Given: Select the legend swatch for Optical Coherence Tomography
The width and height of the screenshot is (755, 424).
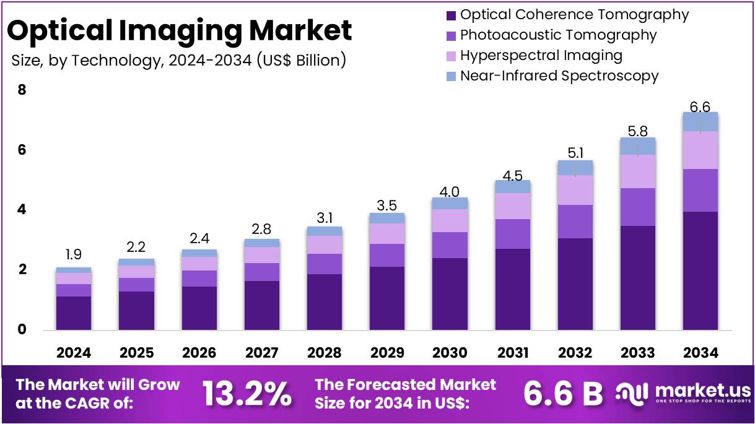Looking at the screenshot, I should click(x=450, y=15).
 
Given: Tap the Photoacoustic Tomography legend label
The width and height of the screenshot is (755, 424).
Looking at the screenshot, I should click(x=558, y=35).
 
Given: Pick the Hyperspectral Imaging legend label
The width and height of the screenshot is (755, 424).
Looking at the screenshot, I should click(x=541, y=56).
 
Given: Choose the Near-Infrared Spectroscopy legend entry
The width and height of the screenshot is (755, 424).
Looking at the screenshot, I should click(x=559, y=76).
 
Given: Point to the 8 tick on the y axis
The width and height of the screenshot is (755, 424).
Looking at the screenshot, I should click(x=22, y=90).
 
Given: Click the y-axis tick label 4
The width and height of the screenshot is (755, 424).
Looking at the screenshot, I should click(x=22, y=210).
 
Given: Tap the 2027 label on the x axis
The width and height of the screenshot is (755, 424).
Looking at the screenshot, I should click(x=261, y=353).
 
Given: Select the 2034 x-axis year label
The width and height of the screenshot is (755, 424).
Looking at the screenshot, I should click(x=700, y=353).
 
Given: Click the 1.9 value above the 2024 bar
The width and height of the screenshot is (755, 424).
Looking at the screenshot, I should click(x=73, y=254).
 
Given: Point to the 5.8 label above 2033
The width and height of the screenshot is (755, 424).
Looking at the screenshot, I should click(x=637, y=131).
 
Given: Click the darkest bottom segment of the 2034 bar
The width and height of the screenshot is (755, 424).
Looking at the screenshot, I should click(x=700, y=270).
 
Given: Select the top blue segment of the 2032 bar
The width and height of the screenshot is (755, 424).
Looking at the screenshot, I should click(x=575, y=168).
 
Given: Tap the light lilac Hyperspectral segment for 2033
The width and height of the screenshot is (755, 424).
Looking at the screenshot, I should click(x=637, y=171).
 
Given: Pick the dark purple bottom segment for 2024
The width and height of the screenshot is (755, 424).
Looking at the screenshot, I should click(x=73, y=313).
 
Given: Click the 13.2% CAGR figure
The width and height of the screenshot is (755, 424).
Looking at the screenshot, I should click(x=247, y=394).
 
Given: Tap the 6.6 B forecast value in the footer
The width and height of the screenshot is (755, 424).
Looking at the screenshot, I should click(x=562, y=394).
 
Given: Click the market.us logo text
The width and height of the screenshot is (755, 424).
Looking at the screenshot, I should click(x=701, y=391).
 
